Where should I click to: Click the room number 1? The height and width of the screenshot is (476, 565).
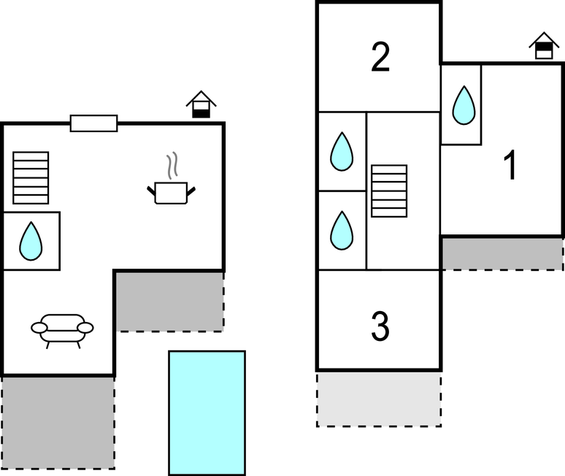pyautogui.click(x=512, y=166)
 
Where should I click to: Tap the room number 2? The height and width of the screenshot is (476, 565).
pyautogui.click(x=380, y=58)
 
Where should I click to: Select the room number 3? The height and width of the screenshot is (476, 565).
pyautogui.click(x=380, y=327)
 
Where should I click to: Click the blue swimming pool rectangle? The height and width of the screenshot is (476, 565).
pyautogui.click(x=207, y=412)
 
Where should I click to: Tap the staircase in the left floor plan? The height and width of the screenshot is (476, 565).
pyautogui.click(x=31, y=177)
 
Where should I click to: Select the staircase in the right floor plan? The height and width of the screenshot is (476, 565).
pyautogui.click(x=388, y=191)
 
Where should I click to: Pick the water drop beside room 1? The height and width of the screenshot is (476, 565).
pyautogui.click(x=463, y=105)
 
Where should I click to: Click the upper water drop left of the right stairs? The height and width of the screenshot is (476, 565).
pyautogui.click(x=342, y=152)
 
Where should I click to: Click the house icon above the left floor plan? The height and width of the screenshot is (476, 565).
pyautogui.click(x=201, y=104)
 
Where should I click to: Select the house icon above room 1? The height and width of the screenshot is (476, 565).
pyautogui.click(x=544, y=45)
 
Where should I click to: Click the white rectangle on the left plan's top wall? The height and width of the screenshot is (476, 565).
pyautogui.click(x=93, y=123)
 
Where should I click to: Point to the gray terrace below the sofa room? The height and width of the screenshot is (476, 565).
pyautogui.click(x=58, y=423)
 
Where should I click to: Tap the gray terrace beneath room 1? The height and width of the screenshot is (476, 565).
pyautogui.click(x=502, y=253)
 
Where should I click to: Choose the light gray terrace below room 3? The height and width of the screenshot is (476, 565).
pyautogui.click(x=378, y=399)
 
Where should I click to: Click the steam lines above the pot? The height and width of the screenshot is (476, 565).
pyautogui.click(x=172, y=166)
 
